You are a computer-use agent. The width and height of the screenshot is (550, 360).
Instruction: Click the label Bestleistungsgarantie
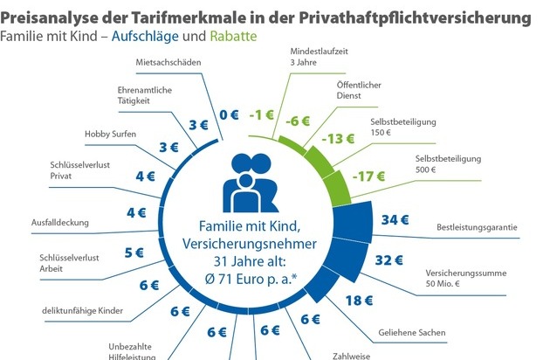coord(477,229)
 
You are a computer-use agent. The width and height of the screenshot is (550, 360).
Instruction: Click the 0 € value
coord(228,114)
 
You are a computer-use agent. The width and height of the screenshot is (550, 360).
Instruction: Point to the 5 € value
coord(134,253)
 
